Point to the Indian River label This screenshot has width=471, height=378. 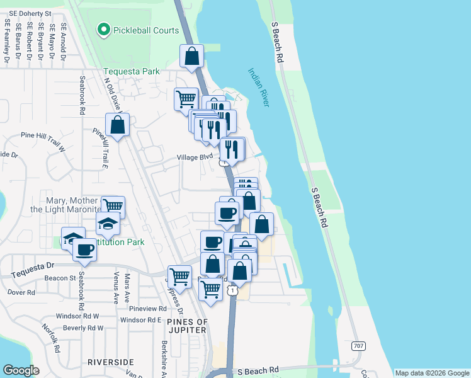pyautogui.click(x=258, y=87)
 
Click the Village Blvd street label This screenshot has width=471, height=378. pyautogui.click(x=196, y=156)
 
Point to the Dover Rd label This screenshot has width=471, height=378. pyautogui.click(x=21, y=292)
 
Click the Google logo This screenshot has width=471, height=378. pyautogui.click(x=21, y=370)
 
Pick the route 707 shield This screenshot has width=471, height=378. pyautogui.click(x=358, y=346)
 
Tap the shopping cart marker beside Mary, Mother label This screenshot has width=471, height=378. pyautogui.click(x=113, y=206)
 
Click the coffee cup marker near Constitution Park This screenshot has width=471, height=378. pyautogui.click(x=84, y=249)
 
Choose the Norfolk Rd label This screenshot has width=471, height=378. pyautogui.click(x=50, y=338)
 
